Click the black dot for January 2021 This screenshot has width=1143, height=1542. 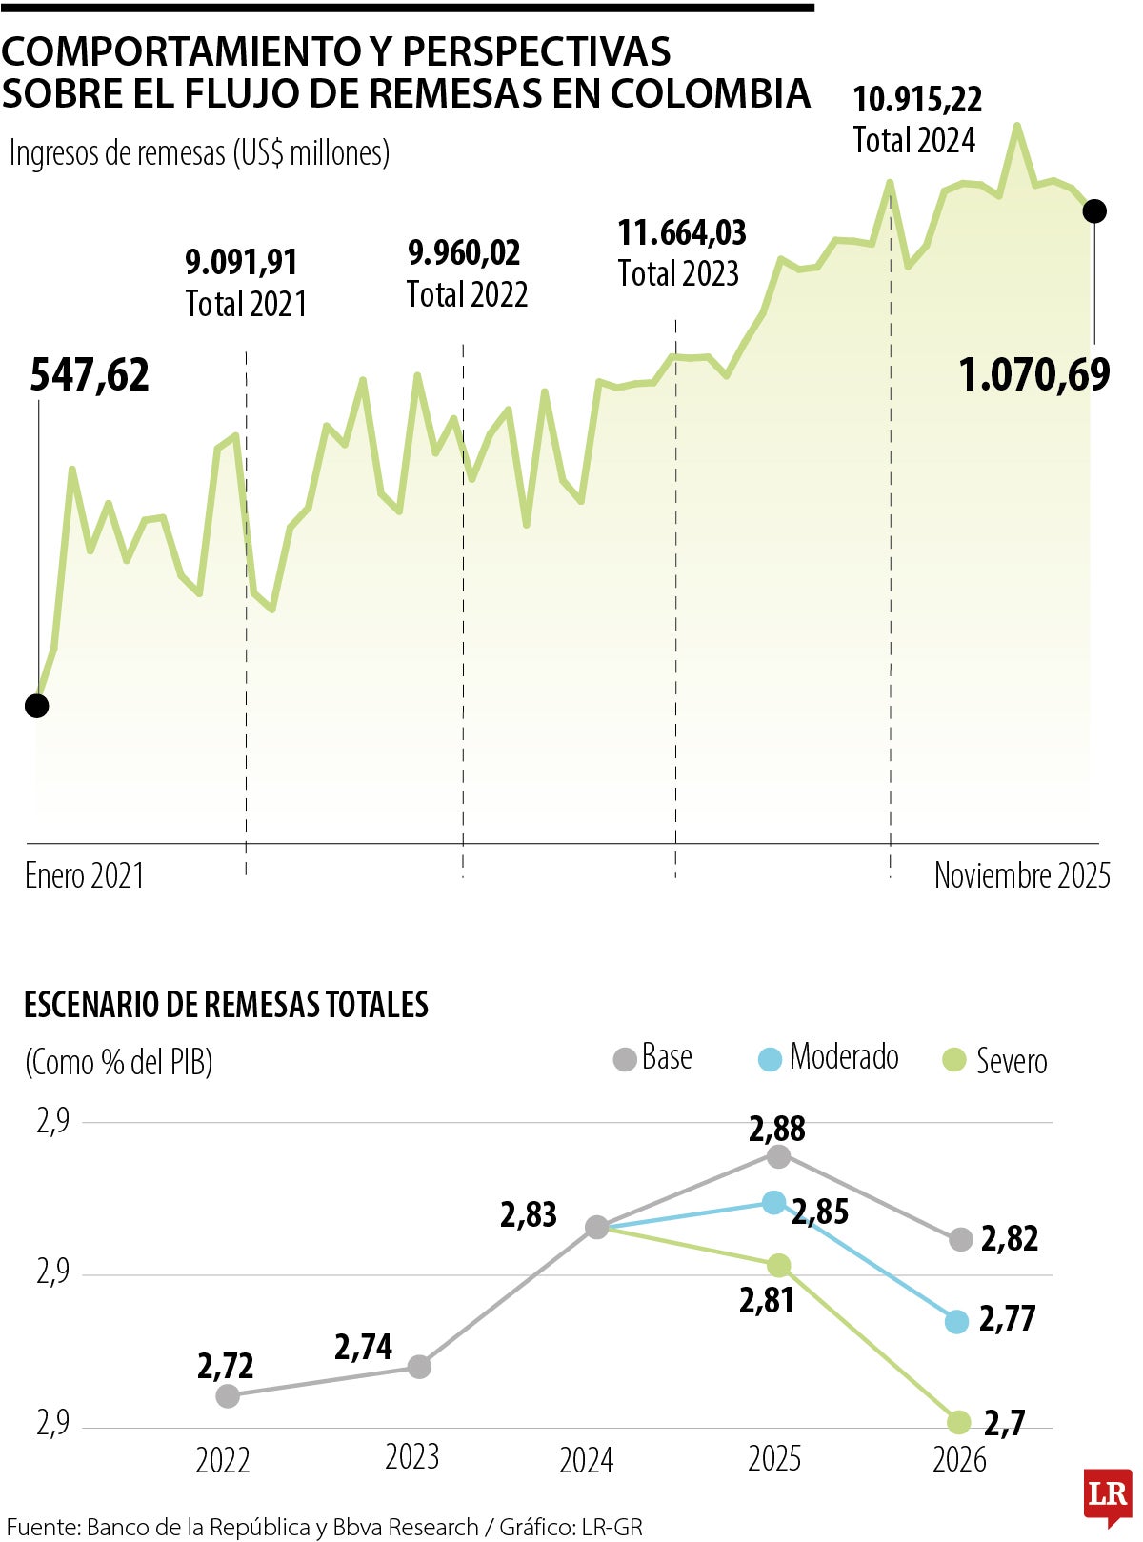36,706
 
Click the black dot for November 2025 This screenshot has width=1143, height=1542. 1094,211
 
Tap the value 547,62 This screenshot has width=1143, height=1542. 90,375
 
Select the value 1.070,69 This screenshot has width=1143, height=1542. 1033,375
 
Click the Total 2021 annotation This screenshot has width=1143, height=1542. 246,305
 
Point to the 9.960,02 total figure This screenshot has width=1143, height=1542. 464,253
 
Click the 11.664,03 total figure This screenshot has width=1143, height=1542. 681,233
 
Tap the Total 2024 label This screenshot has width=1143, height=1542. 913,141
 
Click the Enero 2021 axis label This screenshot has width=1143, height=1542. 85,876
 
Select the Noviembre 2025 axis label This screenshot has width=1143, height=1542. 1021,875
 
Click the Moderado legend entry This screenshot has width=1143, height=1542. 829,1058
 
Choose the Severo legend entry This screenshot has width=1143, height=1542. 995,1061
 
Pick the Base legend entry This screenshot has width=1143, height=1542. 653,1058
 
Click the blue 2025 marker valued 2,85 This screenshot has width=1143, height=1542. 774,1202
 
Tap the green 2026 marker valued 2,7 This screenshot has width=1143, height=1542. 958,1422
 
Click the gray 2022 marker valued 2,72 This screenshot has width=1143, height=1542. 228,1396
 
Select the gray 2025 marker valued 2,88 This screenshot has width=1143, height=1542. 778,1156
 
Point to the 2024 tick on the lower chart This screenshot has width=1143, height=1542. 586,1460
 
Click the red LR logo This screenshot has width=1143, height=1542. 1108,1495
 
